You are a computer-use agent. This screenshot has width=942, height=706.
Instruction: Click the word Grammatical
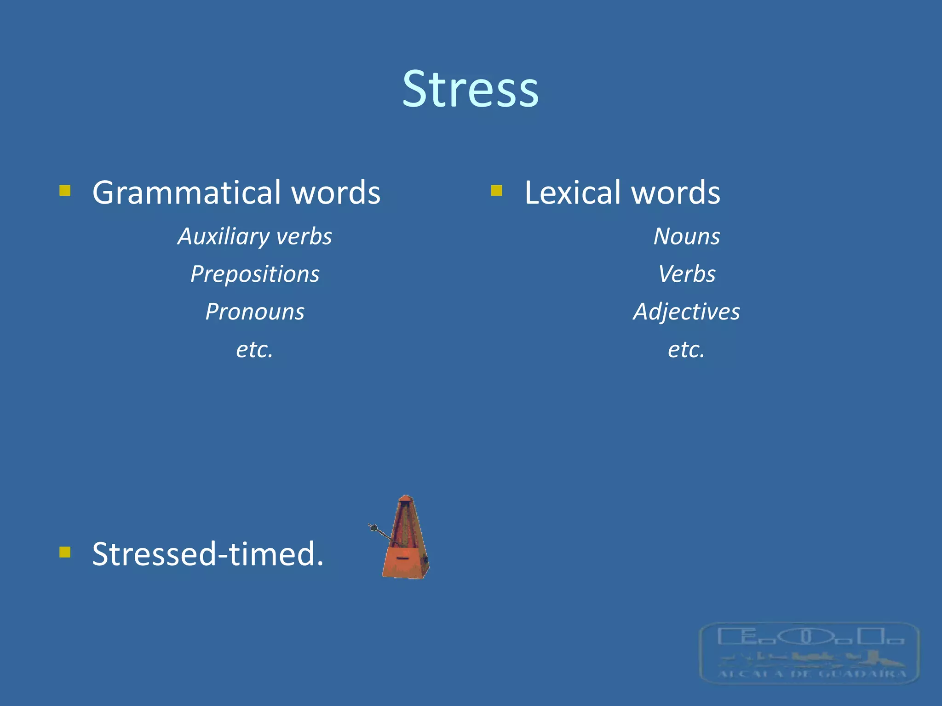click(186, 193)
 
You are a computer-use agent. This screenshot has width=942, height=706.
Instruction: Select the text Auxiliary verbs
click(255, 237)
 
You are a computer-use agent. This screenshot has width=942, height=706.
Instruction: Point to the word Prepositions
click(255, 274)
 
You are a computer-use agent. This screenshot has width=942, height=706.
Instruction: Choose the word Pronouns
click(255, 312)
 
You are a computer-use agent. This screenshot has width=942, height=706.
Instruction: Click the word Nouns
click(687, 237)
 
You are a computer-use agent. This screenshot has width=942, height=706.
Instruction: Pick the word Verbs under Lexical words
click(687, 274)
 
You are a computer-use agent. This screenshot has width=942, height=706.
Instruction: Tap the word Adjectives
click(687, 312)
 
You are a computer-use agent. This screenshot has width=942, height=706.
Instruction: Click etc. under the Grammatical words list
click(255, 349)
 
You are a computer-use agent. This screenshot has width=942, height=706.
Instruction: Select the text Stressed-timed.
click(208, 554)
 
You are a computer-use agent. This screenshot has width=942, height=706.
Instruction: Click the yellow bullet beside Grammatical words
click(65, 190)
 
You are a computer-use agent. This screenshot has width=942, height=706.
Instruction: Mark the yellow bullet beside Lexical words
click(496, 190)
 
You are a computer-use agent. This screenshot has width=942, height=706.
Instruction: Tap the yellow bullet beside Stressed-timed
click(65, 552)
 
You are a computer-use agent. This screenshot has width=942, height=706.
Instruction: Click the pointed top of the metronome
click(405, 499)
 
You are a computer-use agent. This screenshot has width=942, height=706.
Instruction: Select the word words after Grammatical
click(336, 193)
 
